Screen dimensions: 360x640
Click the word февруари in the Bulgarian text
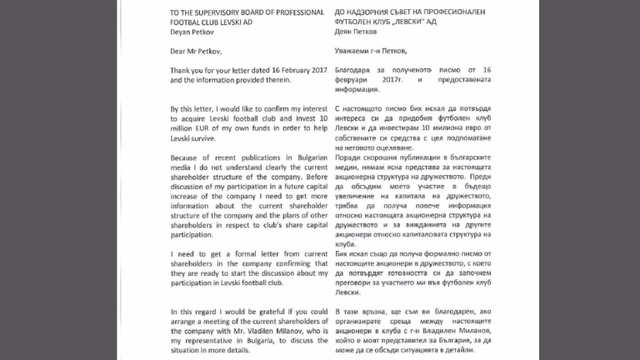coord(357,95)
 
